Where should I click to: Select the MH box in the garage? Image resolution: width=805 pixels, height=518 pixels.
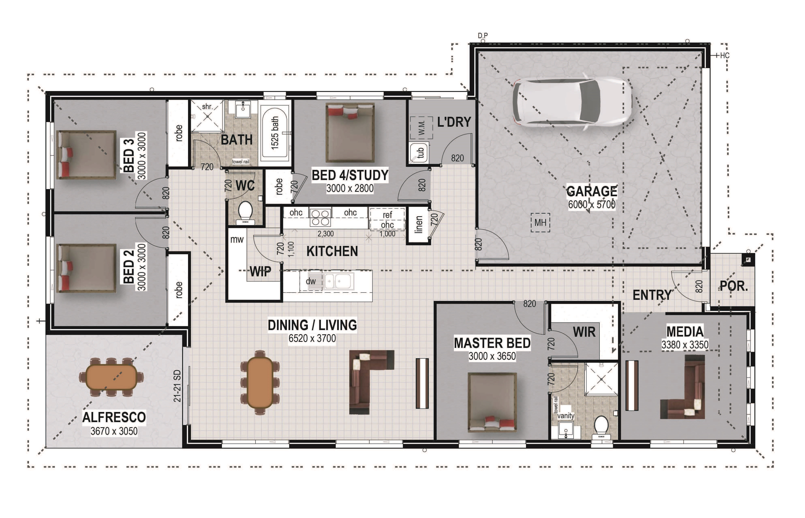pyautogui.click(x=540, y=222)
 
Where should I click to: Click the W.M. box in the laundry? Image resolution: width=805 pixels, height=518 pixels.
pyautogui.click(x=421, y=128)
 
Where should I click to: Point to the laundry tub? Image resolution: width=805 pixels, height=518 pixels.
pyautogui.click(x=419, y=153)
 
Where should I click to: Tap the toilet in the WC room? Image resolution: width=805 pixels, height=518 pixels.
pyautogui.click(x=245, y=212)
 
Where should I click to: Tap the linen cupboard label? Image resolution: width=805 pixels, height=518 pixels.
pyautogui.click(x=418, y=224)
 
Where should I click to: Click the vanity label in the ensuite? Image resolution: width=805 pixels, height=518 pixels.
pyautogui.click(x=566, y=416)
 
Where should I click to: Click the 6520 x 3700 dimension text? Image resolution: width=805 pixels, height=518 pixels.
pyautogui.click(x=312, y=338)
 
